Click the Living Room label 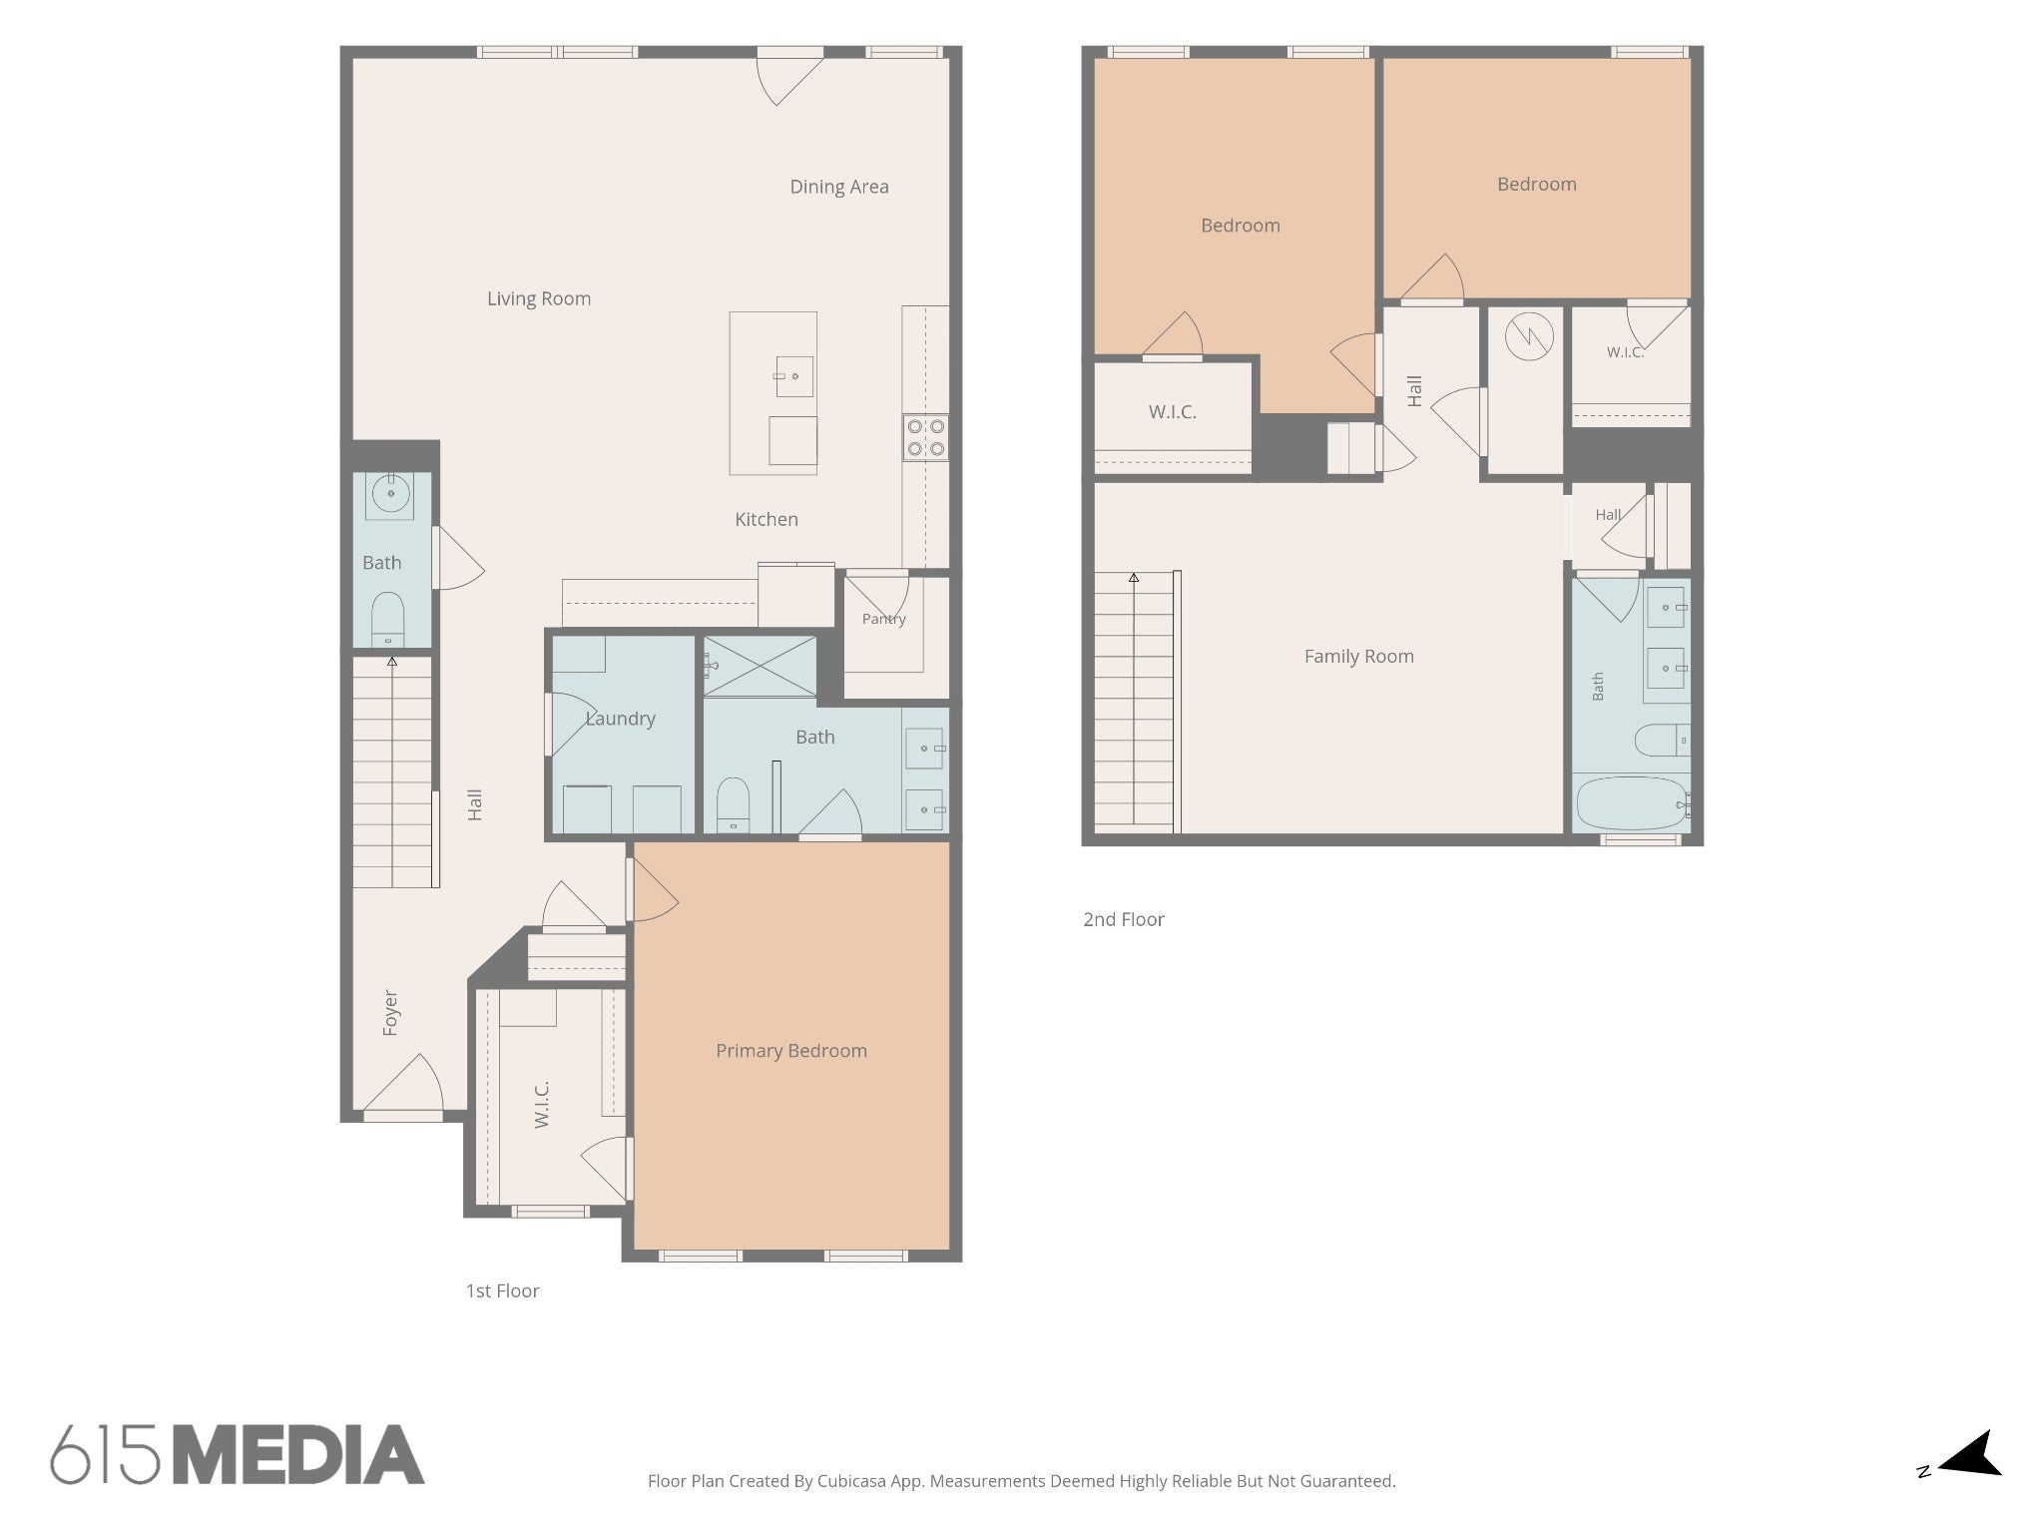[539, 298]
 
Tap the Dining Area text [839, 187]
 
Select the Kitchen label [766, 519]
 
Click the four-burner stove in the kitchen [925, 438]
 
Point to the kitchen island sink [794, 376]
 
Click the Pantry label [884, 619]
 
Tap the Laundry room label [620, 719]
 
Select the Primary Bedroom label [791, 1051]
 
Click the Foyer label [390, 1013]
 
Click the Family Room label [1359, 657]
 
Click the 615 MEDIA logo [238, 1454]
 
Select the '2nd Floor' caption [1124, 920]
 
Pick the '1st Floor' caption [502, 1291]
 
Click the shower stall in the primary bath [761, 666]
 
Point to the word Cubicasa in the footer [854, 1481]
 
